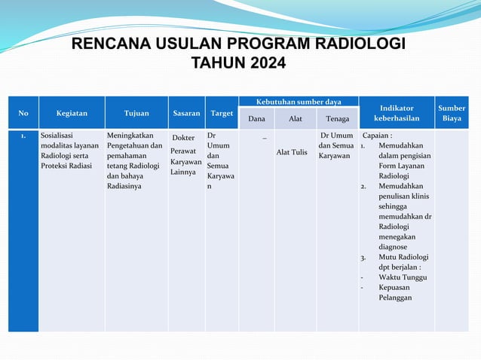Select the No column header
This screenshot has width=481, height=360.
23,113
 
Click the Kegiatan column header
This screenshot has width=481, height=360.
72,113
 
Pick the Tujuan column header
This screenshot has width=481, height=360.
136,113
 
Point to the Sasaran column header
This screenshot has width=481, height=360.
186,113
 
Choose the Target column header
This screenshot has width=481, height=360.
222,113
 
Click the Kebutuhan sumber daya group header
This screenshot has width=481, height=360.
299,102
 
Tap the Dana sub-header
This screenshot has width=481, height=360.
256,119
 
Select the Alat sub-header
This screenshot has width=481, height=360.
295,119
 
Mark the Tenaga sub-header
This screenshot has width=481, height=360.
337,119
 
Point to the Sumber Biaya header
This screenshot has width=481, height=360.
452,113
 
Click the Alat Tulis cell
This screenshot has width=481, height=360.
292,152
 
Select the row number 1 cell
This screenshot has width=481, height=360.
25,137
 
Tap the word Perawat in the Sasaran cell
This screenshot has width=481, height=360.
183,151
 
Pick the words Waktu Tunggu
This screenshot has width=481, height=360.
403,277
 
